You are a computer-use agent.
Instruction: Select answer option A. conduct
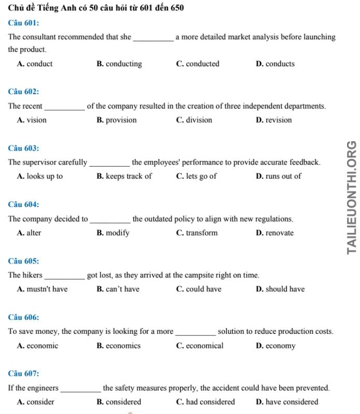coord(35,64)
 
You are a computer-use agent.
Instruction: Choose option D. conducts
coord(275,64)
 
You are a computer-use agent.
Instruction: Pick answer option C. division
coord(194,120)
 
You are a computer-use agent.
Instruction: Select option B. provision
coord(116,120)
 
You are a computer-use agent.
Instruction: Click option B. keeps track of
coord(124,176)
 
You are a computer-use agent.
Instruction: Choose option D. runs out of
coord(278,176)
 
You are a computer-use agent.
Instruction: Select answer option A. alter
coord(29,233)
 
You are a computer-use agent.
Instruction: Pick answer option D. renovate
coord(275,233)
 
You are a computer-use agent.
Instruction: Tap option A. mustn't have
coord(42,289)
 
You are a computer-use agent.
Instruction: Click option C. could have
coord(199,289)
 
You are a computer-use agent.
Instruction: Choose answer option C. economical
coord(200,345)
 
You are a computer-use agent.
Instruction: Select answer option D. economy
coord(276,345)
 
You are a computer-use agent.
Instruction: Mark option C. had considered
coord(205,402)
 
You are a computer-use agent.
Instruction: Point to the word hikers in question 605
coord(34,275)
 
